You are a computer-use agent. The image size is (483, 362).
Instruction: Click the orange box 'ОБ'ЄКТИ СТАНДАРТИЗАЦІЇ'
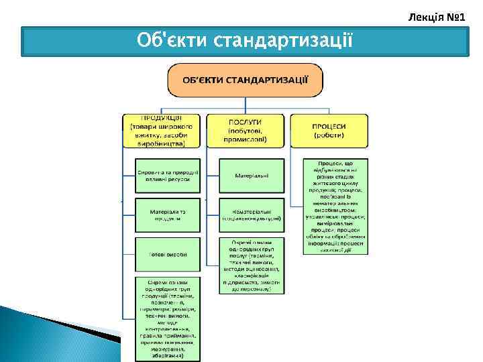[246, 80]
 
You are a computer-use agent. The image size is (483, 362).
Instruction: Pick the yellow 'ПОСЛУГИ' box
[245, 130]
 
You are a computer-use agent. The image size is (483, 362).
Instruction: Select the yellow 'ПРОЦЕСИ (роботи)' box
[329, 130]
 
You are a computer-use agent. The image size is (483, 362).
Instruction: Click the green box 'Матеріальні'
[252, 176]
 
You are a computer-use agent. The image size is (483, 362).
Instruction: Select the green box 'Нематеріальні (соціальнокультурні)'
[252, 215]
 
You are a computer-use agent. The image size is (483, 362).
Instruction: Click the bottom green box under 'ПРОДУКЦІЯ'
[168, 318]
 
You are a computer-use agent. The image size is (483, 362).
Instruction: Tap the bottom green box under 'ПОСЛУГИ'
[252, 265]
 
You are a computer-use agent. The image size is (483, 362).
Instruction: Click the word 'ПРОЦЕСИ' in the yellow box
[329, 125]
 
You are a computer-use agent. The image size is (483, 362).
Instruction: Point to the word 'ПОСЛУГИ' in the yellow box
[245, 122]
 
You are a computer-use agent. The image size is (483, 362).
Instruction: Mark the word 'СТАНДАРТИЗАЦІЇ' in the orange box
[268, 80]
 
